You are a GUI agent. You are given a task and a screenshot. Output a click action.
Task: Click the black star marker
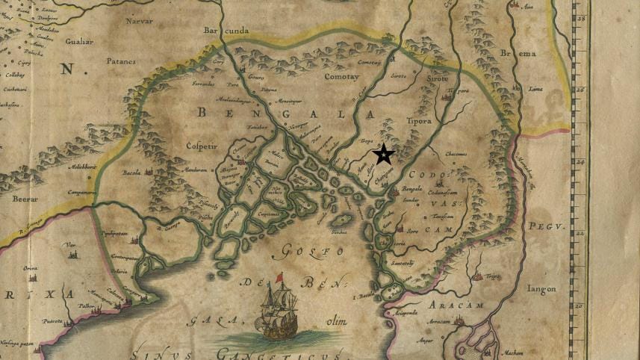point(384,155)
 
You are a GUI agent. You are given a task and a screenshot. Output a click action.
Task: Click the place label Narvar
point(139,22)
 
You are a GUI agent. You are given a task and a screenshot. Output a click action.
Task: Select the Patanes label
point(121,62)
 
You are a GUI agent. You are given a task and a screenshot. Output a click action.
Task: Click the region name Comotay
point(341,76)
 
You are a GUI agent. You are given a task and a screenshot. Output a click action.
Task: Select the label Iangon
point(543,289)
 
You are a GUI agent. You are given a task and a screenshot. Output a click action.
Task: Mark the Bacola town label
point(132,173)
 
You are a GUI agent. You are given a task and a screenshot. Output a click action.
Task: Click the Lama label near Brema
point(535,88)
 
